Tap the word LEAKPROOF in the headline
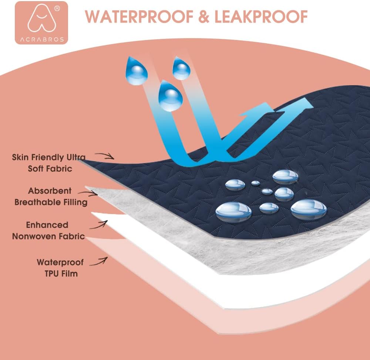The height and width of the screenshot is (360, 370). click(261, 17)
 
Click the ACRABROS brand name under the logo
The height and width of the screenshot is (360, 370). click(42, 40)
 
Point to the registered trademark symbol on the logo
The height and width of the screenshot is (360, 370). click(57, 9)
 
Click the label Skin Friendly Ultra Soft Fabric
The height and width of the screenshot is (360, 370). click(49, 163)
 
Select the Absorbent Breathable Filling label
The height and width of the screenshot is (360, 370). click(51, 197)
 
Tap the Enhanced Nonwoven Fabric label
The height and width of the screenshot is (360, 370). click(48, 230)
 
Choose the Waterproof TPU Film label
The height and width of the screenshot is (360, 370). click(60, 268)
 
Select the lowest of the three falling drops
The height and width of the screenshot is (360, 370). click(170, 97)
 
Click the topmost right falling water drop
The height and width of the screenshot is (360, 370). click(181, 69)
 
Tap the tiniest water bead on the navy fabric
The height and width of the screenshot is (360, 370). click(256, 183)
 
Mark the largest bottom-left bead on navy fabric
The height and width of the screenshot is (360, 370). click(233, 211)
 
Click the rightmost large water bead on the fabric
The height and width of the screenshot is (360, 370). click(309, 209)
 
